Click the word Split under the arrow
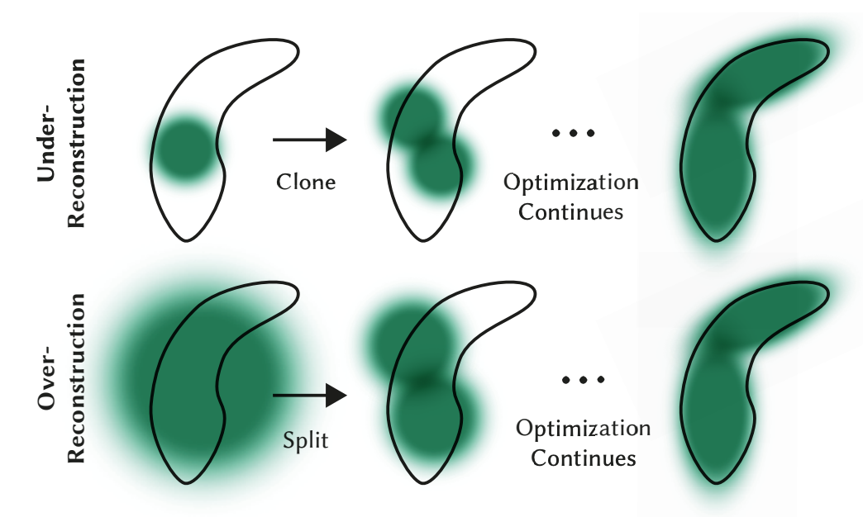point(307,439)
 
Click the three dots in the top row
point(573,132)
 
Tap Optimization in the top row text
point(571,183)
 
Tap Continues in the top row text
point(570,211)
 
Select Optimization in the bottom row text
point(583,429)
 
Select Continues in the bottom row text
point(583,458)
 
